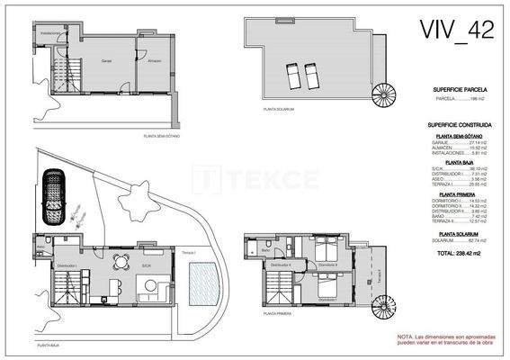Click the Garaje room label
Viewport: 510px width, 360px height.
point(106,60)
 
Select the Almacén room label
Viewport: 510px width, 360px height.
point(155,60)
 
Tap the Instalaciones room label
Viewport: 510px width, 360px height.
point(51,33)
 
